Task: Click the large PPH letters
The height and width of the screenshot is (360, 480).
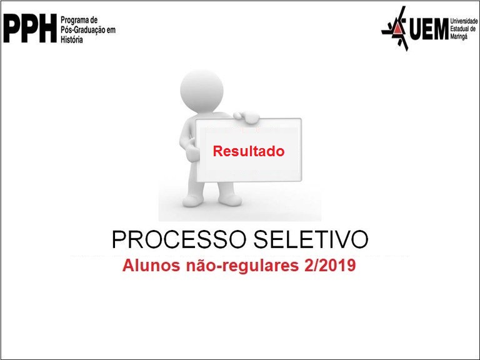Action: pyautogui.click(x=30, y=29)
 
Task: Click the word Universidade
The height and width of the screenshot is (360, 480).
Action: pyautogui.click(x=462, y=21)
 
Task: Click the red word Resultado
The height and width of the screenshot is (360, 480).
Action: pyautogui.click(x=248, y=151)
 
